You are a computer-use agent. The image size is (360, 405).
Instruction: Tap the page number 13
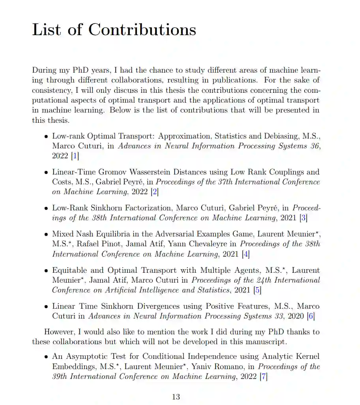pyautogui.click(x=176, y=397)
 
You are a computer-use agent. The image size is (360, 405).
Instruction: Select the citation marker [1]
pyautogui.click(x=75, y=156)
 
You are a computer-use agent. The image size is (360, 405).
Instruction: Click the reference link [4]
pyautogui.click(x=246, y=254)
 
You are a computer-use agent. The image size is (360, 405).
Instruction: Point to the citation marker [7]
pyautogui.click(x=263, y=377)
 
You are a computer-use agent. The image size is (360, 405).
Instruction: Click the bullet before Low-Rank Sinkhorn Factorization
pyautogui.click(x=46, y=208)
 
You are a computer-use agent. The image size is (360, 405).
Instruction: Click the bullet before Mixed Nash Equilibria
pyautogui.click(x=46, y=234)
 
